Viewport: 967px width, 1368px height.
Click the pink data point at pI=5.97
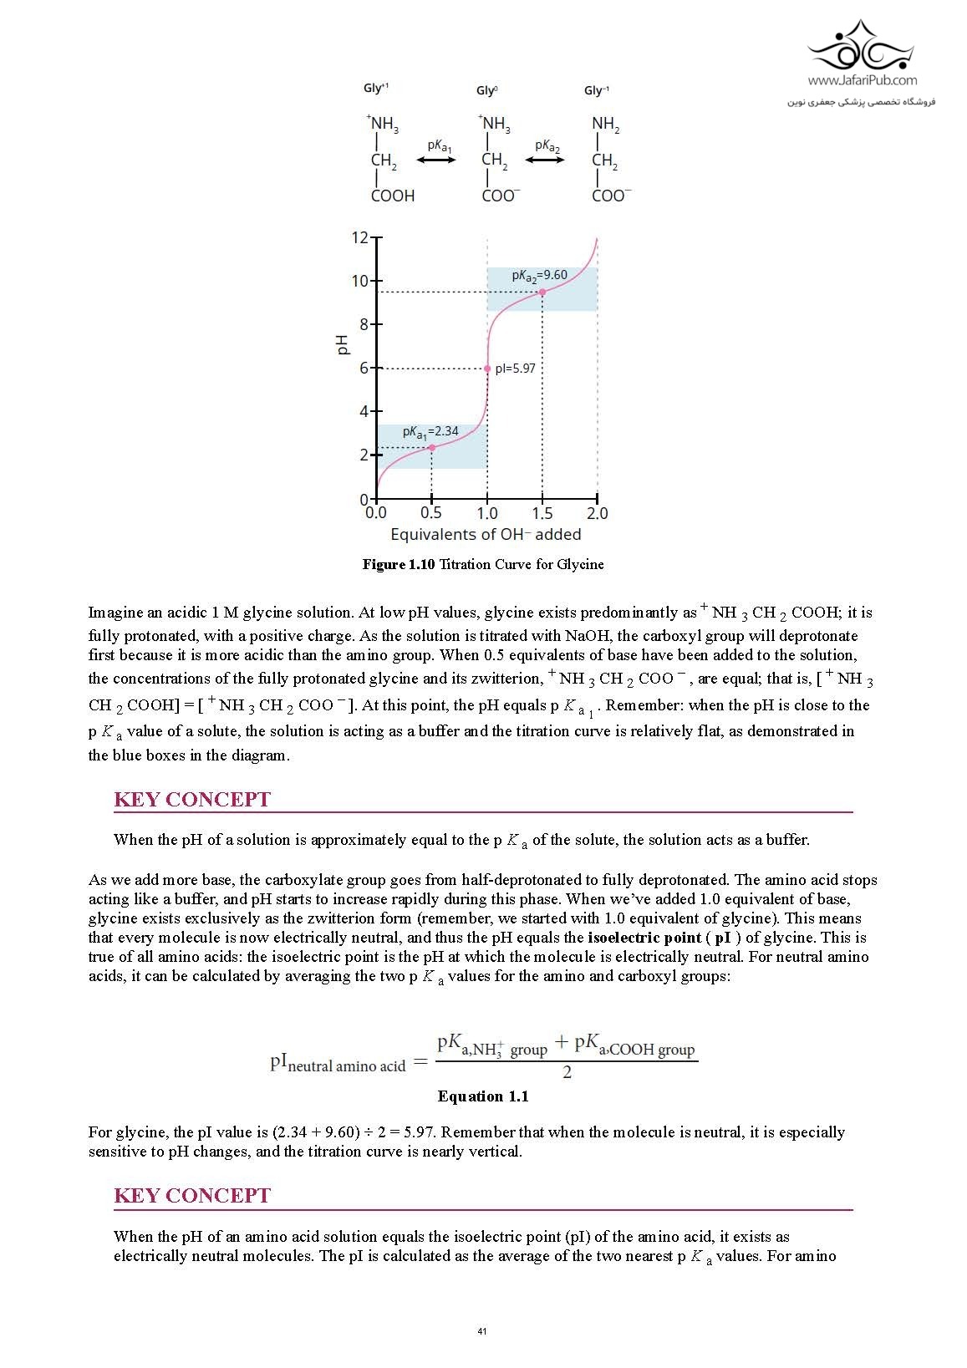pos(487,369)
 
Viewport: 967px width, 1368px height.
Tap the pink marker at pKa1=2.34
pos(431,448)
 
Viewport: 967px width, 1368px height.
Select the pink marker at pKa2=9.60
pos(542,292)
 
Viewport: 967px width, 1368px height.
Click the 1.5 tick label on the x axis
pos(542,513)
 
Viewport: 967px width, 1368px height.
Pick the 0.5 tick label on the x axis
pos(431,513)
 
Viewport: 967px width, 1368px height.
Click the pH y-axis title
pos(342,344)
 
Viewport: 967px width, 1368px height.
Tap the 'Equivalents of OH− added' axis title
pos(486,535)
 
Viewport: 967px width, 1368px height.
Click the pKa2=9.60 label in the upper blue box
pos(539,276)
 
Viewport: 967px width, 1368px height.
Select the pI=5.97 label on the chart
pos(515,369)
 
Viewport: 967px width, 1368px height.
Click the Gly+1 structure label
pos(375,89)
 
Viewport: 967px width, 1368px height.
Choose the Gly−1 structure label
pos(597,90)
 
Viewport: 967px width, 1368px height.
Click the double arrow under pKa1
pos(436,160)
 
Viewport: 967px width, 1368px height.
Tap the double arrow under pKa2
pos(545,160)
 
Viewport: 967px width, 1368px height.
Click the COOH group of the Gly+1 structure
pos(393,196)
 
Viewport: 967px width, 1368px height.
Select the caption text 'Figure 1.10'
pos(399,565)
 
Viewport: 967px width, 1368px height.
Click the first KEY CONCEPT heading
pos(192,800)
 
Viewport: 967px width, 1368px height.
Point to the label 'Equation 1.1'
pos(483,1096)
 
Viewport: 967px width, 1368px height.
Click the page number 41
pos(482,1331)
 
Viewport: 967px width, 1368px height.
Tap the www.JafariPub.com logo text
pos(862,81)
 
